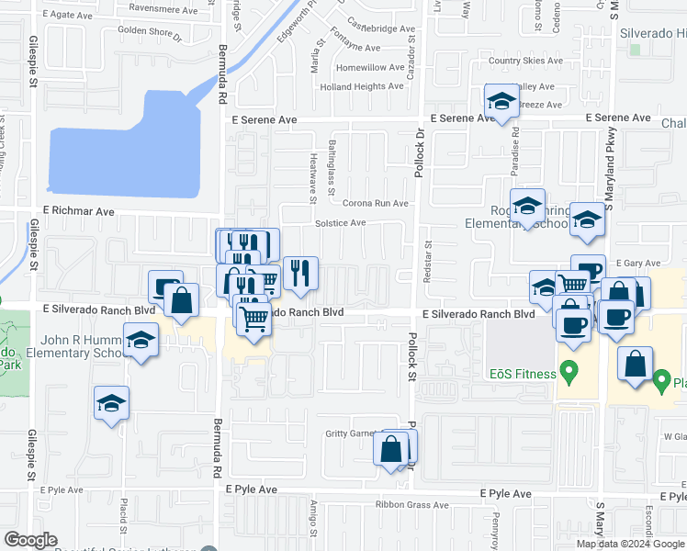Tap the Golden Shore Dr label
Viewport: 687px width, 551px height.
pyautogui.click(x=151, y=34)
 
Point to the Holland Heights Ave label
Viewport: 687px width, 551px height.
pyautogui.click(x=362, y=86)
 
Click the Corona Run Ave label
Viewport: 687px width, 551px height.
pyautogui.click(x=375, y=203)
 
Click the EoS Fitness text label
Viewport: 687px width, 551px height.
pyautogui.click(x=523, y=374)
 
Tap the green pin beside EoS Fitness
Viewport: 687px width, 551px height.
pyautogui.click(x=569, y=372)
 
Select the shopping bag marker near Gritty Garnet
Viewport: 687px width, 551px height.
pyautogui.click(x=391, y=449)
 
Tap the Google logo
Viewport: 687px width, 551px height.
pyautogui.click(x=31, y=540)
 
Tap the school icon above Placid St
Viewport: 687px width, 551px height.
pyautogui.click(x=112, y=403)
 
